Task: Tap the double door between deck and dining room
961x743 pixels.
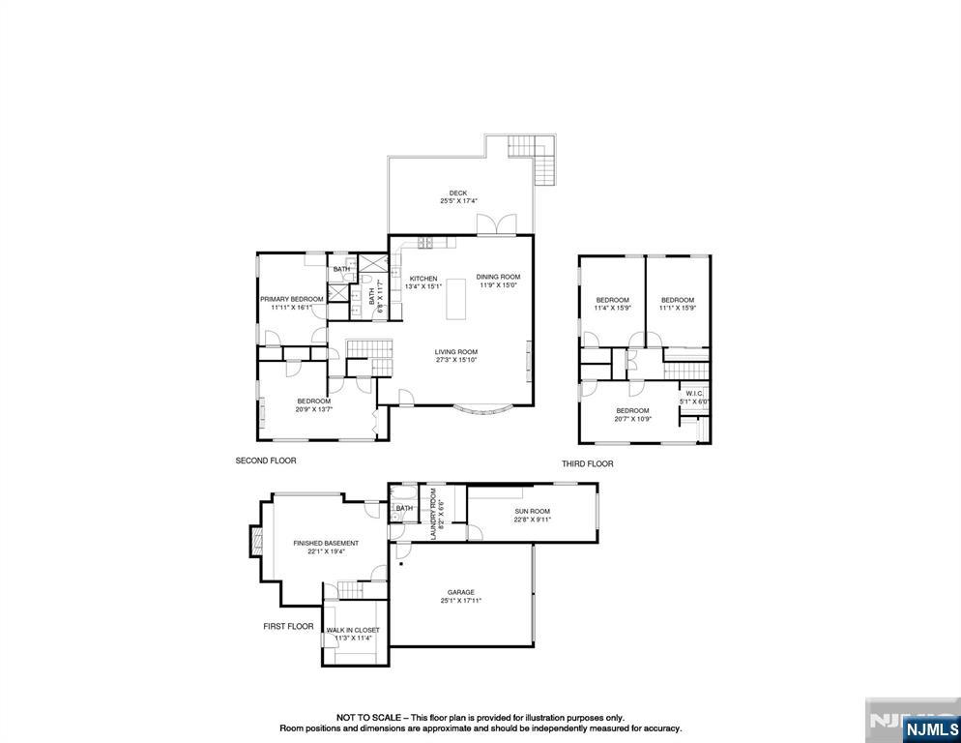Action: [x=501, y=225]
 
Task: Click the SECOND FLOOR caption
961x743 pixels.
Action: [x=266, y=461]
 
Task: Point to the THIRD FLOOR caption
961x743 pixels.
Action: [x=587, y=464]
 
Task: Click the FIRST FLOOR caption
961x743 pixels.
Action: [x=288, y=627]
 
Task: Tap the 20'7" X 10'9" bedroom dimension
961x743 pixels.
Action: [x=633, y=419]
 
